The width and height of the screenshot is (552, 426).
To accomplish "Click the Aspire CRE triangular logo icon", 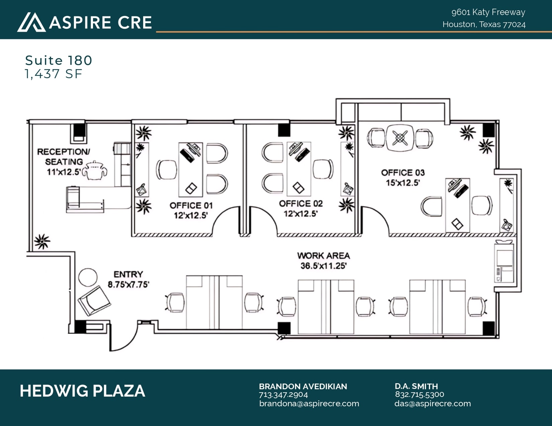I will pos(31,22).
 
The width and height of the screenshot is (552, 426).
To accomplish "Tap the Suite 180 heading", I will pos(59,60).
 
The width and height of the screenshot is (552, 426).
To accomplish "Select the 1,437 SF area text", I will pos(54,74).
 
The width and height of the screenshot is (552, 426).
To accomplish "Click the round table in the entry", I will pos(88,277).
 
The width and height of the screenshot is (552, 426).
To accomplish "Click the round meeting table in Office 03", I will pos(400,138).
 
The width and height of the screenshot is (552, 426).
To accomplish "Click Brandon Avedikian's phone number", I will pos(283,395).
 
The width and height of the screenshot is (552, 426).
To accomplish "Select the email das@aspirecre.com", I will pos(433,404).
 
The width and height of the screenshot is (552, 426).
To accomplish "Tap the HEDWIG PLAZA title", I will pos(82,391).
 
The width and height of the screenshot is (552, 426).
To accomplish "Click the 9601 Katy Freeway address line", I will pos(488,12).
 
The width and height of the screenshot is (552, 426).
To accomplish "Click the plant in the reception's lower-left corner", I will pos(42,241).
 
